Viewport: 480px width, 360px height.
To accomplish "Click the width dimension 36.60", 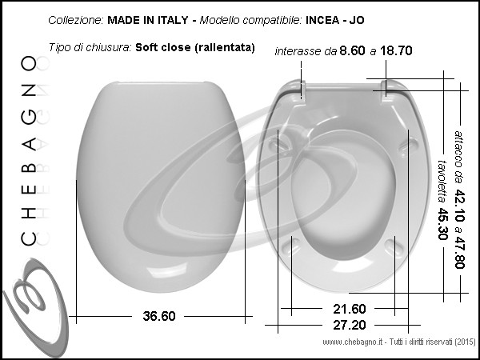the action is [159, 316].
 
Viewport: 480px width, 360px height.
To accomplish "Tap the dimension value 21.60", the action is [350, 309].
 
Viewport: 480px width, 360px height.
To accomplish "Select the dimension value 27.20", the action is [350, 325].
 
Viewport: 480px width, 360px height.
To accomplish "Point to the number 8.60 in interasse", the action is [352, 50].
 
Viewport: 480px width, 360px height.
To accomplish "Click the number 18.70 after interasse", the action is [396, 50].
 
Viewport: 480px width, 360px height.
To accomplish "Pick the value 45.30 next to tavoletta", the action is [442, 224].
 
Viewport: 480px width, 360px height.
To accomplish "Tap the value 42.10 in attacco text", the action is [459, 206].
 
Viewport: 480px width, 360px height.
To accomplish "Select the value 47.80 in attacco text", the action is [459, 253].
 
